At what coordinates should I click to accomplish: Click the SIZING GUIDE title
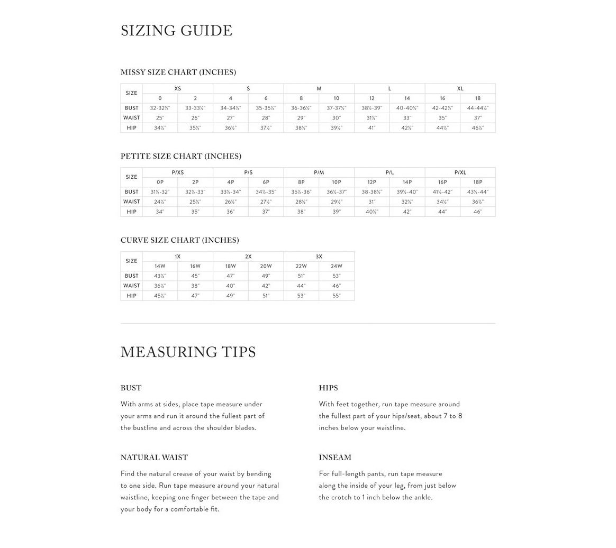point(176,31)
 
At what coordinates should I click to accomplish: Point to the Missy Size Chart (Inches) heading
point(178,72)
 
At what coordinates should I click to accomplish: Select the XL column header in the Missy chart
point(460,88)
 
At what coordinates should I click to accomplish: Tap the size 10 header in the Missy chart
point(337,98)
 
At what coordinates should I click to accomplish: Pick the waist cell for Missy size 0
point(160,118)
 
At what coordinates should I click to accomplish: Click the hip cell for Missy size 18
point(478,128)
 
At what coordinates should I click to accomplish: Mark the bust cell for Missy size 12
point(372,108)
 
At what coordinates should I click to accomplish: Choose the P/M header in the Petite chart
point(319,172)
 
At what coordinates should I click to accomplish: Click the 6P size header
point(266,182)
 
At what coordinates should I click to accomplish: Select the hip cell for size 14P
point(407,212)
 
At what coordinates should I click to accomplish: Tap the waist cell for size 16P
point(442,202)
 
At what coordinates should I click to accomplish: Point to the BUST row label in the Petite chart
point(132,192)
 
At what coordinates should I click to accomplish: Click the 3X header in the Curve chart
point(319,257)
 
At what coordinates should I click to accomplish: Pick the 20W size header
point(266,267)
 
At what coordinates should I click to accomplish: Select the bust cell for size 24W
point(337,276)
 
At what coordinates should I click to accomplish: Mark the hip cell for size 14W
point(160,296)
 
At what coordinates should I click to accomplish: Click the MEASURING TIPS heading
point(188,352)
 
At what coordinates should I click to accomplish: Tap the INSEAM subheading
point(335,458)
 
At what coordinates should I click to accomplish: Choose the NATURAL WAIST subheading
point(154,458)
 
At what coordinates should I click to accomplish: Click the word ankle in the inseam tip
point(421,497)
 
